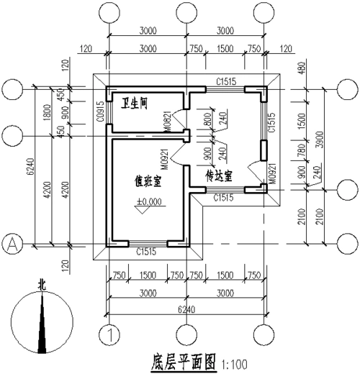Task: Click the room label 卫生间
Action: (134, 103)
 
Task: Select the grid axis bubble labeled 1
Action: (109, 334)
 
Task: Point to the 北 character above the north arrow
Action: (42, 285)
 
